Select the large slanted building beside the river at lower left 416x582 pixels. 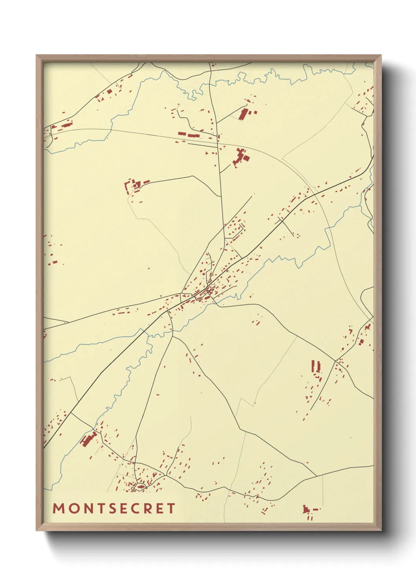coord(88,439)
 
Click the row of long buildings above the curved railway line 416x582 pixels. coord(189,135)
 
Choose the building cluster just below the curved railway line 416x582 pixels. coord(241,157)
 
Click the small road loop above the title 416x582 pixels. coord(139,487)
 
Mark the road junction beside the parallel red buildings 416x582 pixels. coord(335,360)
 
